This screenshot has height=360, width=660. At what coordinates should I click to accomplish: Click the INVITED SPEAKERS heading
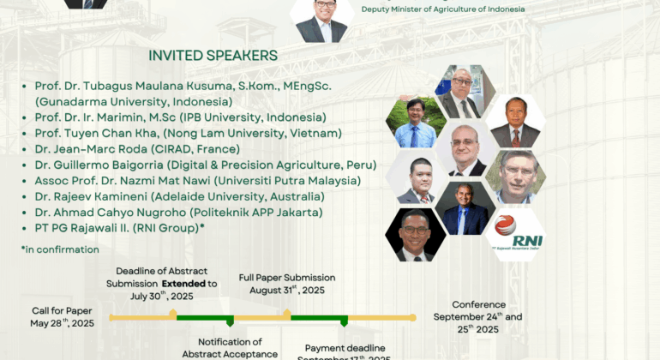213,55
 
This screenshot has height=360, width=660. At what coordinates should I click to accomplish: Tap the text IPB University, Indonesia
265,117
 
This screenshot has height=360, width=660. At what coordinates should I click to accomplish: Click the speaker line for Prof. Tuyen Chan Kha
188,133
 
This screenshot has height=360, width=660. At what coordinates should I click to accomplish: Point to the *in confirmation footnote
60,249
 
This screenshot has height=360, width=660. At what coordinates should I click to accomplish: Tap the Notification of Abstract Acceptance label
230,348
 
